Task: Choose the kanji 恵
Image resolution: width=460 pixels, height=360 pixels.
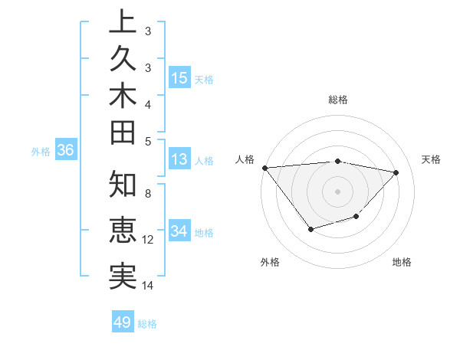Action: [123, 230]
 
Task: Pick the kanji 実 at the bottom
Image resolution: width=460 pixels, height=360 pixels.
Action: [123, 275]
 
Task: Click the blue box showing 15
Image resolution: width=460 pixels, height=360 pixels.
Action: [179, 77]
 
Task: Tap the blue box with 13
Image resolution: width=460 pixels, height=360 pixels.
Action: [179, 159]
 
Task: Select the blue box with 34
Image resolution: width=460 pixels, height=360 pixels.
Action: [179, 231]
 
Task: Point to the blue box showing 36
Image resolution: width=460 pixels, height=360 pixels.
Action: [65, 150]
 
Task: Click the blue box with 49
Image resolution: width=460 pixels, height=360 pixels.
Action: [123, 322]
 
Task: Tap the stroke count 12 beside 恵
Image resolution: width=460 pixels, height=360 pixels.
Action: [148, 239]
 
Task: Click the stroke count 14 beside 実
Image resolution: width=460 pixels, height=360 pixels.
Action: [148, 286]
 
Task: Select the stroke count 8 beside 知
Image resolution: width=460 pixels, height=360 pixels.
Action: [148, 193]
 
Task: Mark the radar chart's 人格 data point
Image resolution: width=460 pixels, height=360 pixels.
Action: [264, 168]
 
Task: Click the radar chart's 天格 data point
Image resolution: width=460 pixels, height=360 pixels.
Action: [396, 172]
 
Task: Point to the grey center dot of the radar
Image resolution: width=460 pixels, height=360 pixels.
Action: [337, 191]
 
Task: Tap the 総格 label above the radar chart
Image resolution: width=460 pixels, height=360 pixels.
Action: [337, 100]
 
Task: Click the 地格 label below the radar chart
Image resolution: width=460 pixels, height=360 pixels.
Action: [402, 262]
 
